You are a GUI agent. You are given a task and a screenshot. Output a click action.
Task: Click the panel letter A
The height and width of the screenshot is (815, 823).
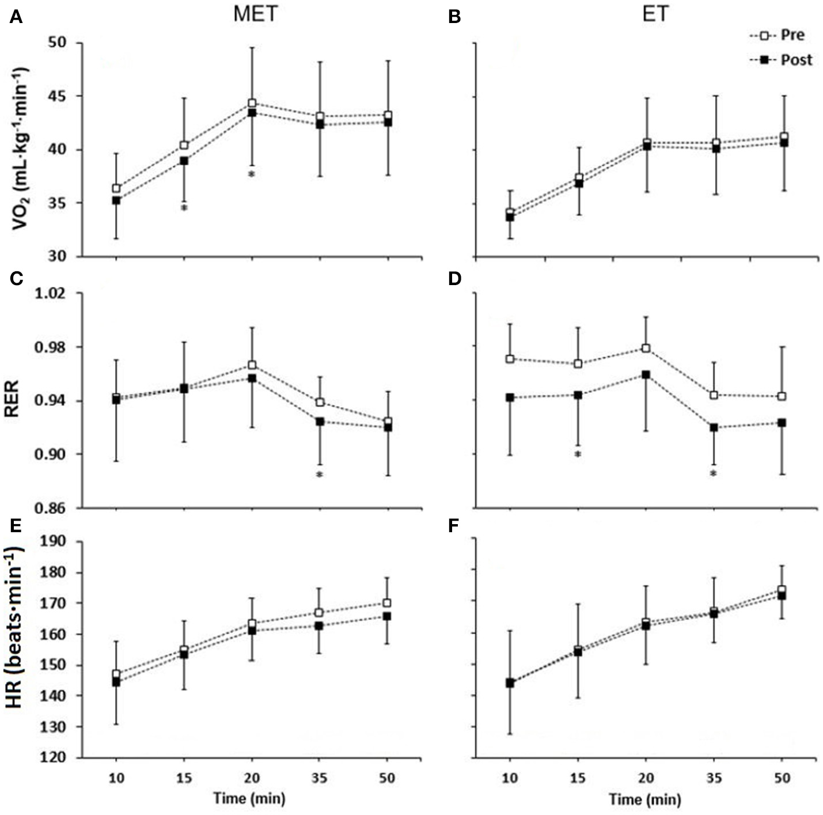16,18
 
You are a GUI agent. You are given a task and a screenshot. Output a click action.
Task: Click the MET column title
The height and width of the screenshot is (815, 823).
255,14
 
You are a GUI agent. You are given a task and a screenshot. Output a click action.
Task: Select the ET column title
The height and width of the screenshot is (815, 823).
655,14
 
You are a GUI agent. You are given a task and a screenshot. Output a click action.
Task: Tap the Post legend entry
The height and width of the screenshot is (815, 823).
796,59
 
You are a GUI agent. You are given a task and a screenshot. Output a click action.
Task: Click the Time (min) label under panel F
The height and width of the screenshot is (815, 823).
645,799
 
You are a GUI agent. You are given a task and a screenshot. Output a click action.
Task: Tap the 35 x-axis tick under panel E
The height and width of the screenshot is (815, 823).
319,778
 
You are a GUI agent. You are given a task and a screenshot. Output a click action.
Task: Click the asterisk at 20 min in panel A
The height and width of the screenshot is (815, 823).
251,174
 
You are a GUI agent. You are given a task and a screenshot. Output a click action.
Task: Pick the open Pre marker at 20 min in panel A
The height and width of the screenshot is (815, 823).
252,103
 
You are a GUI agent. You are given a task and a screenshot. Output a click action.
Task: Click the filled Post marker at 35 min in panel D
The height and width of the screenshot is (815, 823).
714,427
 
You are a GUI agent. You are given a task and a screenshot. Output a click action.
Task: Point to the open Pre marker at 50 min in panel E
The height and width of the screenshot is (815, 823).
388,603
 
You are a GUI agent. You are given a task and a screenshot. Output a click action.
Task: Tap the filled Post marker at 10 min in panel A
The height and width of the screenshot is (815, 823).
116,200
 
